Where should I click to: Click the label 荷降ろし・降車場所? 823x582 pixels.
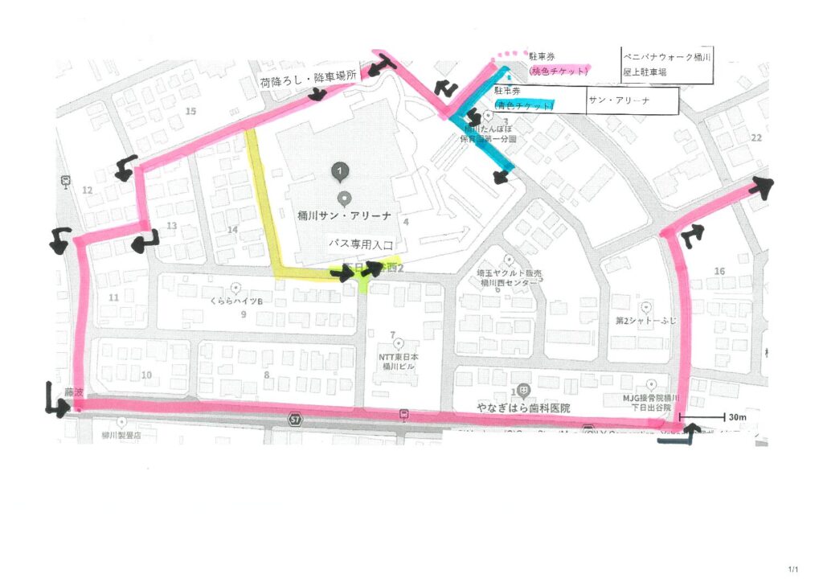pyautogui.click(x=307, y=83)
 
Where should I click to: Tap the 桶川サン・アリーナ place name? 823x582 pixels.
pyautogui.click(x=344, y=215)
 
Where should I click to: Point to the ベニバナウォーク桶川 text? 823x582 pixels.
pyautogui.click(x=668, y=57)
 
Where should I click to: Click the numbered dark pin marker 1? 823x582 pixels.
pyautogui.click(x=341, y=170)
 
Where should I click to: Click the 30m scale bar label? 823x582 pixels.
pyautogui.click(x=738, y=418)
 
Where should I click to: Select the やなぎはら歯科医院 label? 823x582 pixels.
pyautogui.click(x=522, y=408)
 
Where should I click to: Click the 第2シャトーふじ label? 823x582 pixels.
pyautogui.click(x=646, y=320)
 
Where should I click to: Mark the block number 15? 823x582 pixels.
pyautogui.click(x=190, y=111)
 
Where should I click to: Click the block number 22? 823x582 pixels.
pyautogui.click(x=755, y=138)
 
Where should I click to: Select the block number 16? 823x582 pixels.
pyautogui.click(x=719, y=272)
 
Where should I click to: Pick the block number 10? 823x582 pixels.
pyautogui.click(x=146, y=375)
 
